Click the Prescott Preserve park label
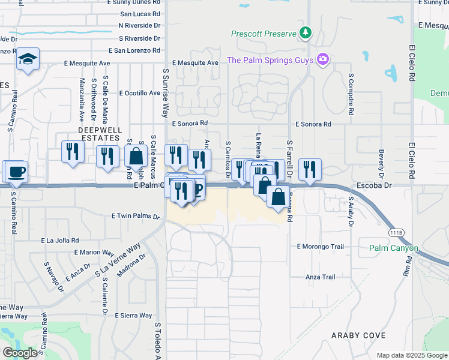click(265, 33)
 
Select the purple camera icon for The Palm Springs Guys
click(324, 59)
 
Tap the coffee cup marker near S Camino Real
click(16, 172)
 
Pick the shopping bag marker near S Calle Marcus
click(136, 156)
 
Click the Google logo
click(20, 353)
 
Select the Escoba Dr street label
click(373, 186)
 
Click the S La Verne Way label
click(118, 260)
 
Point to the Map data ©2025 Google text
click(412, 355)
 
